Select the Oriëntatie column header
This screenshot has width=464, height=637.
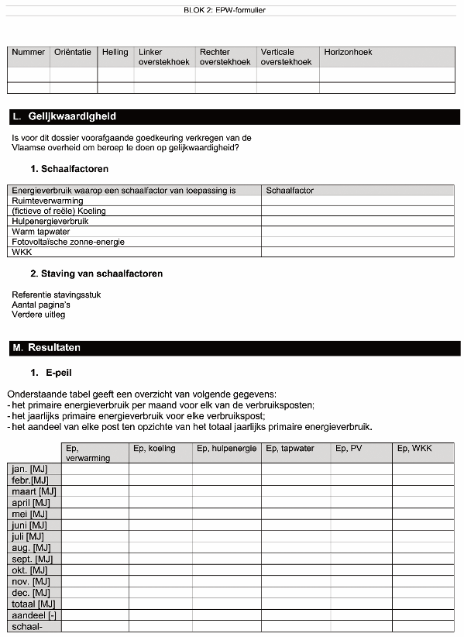click(73, 53)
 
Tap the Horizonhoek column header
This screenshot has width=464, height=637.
click(348, 53)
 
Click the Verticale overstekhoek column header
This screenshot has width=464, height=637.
click(286, 57)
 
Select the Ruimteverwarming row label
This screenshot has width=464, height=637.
click(48, 201)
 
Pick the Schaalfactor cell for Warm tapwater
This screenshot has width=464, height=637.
click(357, 231)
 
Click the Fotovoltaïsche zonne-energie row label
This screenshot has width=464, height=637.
click(68, 242)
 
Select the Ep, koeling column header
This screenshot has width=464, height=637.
click(155, 449)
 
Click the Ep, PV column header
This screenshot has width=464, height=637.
click(350, 449)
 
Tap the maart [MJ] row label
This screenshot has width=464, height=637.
click(34, 491)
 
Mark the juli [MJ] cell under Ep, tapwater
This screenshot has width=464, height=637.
click(295, 536)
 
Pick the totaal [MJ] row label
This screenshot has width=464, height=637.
click(33, 604)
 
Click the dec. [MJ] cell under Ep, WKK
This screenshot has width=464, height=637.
click(422, 593)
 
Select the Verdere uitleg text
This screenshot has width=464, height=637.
click(39, 315)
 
